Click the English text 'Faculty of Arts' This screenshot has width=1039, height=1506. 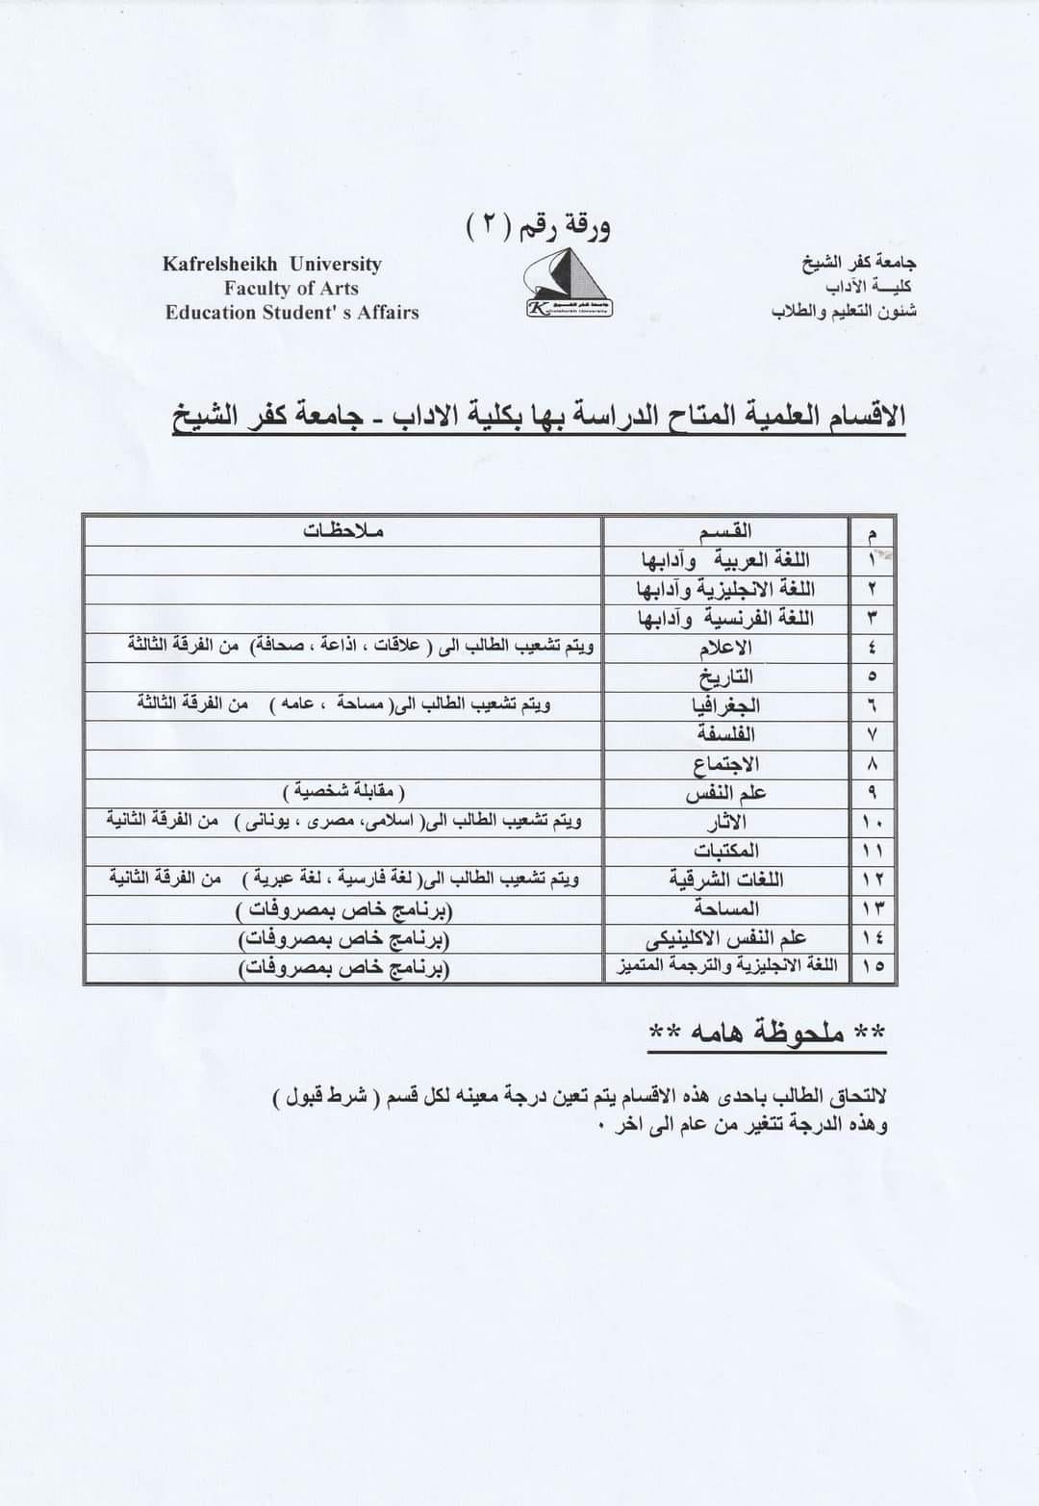tap(291, 288)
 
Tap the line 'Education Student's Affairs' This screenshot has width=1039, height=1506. tap(291, 312)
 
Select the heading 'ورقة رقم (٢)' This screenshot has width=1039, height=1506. tap(538, 227)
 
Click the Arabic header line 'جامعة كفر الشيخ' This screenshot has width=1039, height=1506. tap(859, 262)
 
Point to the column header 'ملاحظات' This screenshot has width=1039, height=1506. tap(343, 530)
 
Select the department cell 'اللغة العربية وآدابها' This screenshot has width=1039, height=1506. tap(725, 559)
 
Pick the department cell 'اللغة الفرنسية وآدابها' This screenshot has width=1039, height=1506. tap(725, 618)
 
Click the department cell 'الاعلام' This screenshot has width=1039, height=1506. tap(727, 647)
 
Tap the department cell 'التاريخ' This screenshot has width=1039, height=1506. tap(727, 676)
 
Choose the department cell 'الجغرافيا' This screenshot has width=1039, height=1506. tap(726, 705)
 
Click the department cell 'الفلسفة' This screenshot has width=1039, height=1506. tap(727, 734)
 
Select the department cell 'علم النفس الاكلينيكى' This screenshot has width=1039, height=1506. tap(726, 937)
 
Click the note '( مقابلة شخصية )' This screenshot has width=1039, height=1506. tap(343, 792)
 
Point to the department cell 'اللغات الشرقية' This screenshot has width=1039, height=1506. tap(726, 879)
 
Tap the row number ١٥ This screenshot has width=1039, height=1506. tap(873, 966)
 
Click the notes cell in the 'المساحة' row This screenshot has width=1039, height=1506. tap(343, 908)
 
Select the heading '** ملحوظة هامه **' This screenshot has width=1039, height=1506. tap(767, 1033)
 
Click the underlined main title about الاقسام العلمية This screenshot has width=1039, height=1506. tap(539, 418)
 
